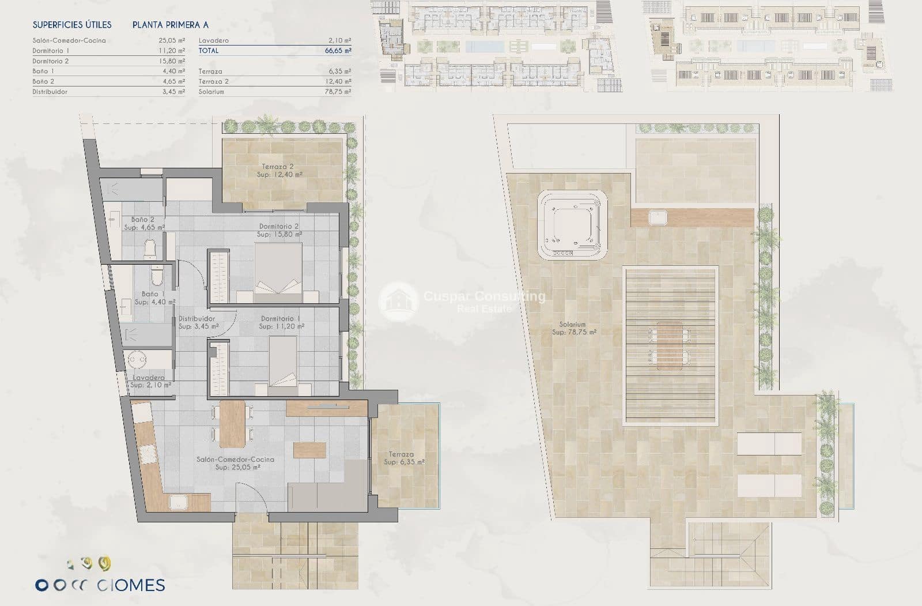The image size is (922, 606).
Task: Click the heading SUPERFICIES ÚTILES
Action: pyautogui.click(x=72, y=25)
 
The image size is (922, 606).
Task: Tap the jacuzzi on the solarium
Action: pyautogui.click(x=572, y=225)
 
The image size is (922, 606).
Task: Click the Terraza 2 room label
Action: pyautogui.click(x=279, y=170)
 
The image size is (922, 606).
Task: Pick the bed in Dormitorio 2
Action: pyautogui.click(x=278, y=273)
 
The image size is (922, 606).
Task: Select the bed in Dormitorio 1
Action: pyautogui.click(x=283, y=366)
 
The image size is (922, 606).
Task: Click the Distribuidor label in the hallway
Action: pyautogui.click(x=197, y=322)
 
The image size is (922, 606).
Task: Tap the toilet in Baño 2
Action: pyautogui.click(x=150, y=249)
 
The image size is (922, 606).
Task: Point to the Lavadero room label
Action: pyautogui.click(x=149, y=381)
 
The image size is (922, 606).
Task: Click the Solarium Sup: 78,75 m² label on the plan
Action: pyautogui.click(x=573, y=328)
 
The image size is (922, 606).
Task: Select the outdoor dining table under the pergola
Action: pyautogui.click(x=668, y=345)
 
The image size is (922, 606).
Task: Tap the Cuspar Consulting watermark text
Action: pyautogui.click(x=484, y=297)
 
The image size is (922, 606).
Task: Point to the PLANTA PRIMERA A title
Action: pyautogui.click(x=171, y=25)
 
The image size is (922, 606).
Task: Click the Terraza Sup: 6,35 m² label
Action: pyautogui.click(x=403, y=458)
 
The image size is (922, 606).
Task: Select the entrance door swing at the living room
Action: pyautogui.click(x=252, y=497)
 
